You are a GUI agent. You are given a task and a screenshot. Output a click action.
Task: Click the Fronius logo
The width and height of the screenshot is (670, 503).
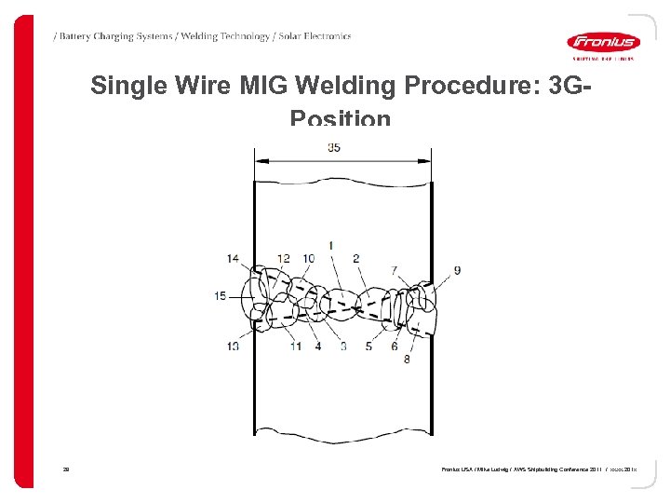coord(603,42)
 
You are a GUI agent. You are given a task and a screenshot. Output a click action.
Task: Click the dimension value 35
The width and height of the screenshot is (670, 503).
coord(334,147)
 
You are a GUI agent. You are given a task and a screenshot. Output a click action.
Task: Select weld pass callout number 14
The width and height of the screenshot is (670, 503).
coord(233,258)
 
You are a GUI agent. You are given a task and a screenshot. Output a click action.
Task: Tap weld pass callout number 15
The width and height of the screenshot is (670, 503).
coord(221,296)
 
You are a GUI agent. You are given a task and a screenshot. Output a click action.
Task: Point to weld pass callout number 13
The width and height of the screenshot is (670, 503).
coord(233,346)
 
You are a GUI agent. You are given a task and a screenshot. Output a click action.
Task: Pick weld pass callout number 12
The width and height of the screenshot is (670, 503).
coord(283,258)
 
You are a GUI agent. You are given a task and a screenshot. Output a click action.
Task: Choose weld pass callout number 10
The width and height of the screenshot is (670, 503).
coord(308,258)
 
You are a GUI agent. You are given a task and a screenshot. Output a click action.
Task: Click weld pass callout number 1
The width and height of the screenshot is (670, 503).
coord(332,244)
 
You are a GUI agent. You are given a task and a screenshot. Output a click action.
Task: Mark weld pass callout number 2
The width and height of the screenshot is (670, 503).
coord(356,258)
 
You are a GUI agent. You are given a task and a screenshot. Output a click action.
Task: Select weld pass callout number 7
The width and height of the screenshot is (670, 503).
coord(394,270)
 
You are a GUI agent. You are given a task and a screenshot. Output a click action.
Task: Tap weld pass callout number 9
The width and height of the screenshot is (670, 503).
coord(457,270)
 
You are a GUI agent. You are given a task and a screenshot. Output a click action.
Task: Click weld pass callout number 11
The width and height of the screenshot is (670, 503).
coord(295,346)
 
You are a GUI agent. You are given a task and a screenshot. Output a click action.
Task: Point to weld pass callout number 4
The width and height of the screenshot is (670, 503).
coord(318,346)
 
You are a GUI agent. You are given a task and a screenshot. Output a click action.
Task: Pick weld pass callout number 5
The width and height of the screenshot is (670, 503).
coord(368,346)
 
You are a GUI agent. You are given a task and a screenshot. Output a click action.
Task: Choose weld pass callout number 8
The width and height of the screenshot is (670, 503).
coord(407,359)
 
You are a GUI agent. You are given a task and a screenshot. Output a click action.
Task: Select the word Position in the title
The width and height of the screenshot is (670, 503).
coord(341,119)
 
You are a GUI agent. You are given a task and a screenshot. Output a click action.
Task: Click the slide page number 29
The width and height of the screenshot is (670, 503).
coord(67,470)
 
